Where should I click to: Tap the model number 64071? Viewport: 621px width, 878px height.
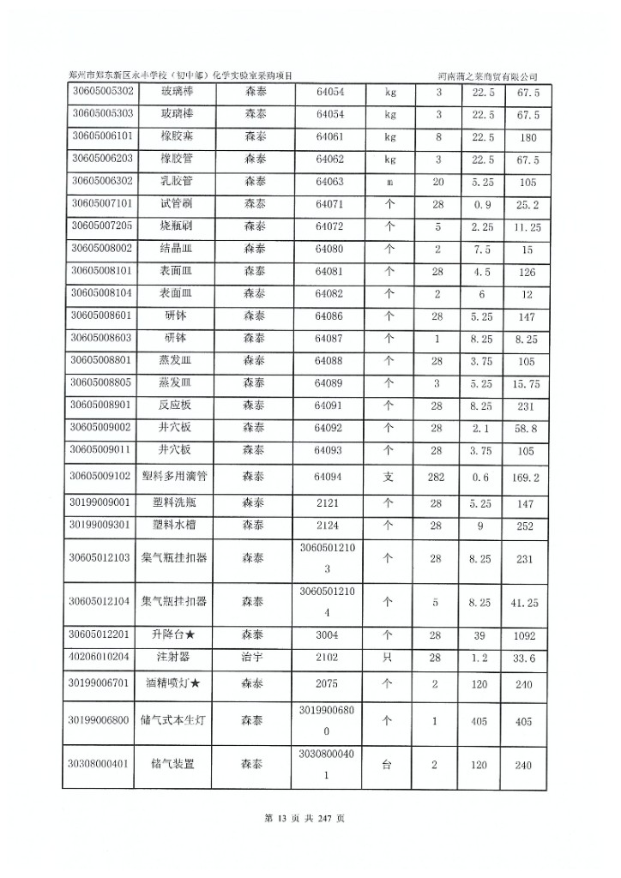(x=329, y=204)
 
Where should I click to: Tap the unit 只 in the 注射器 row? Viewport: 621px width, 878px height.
(x=388, y=658)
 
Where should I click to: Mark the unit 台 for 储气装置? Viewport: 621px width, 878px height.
(x=388, y=762)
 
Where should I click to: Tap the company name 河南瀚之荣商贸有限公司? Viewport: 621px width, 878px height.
(x=492, y=76)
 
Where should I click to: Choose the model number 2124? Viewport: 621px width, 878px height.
(x=329, y=525)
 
